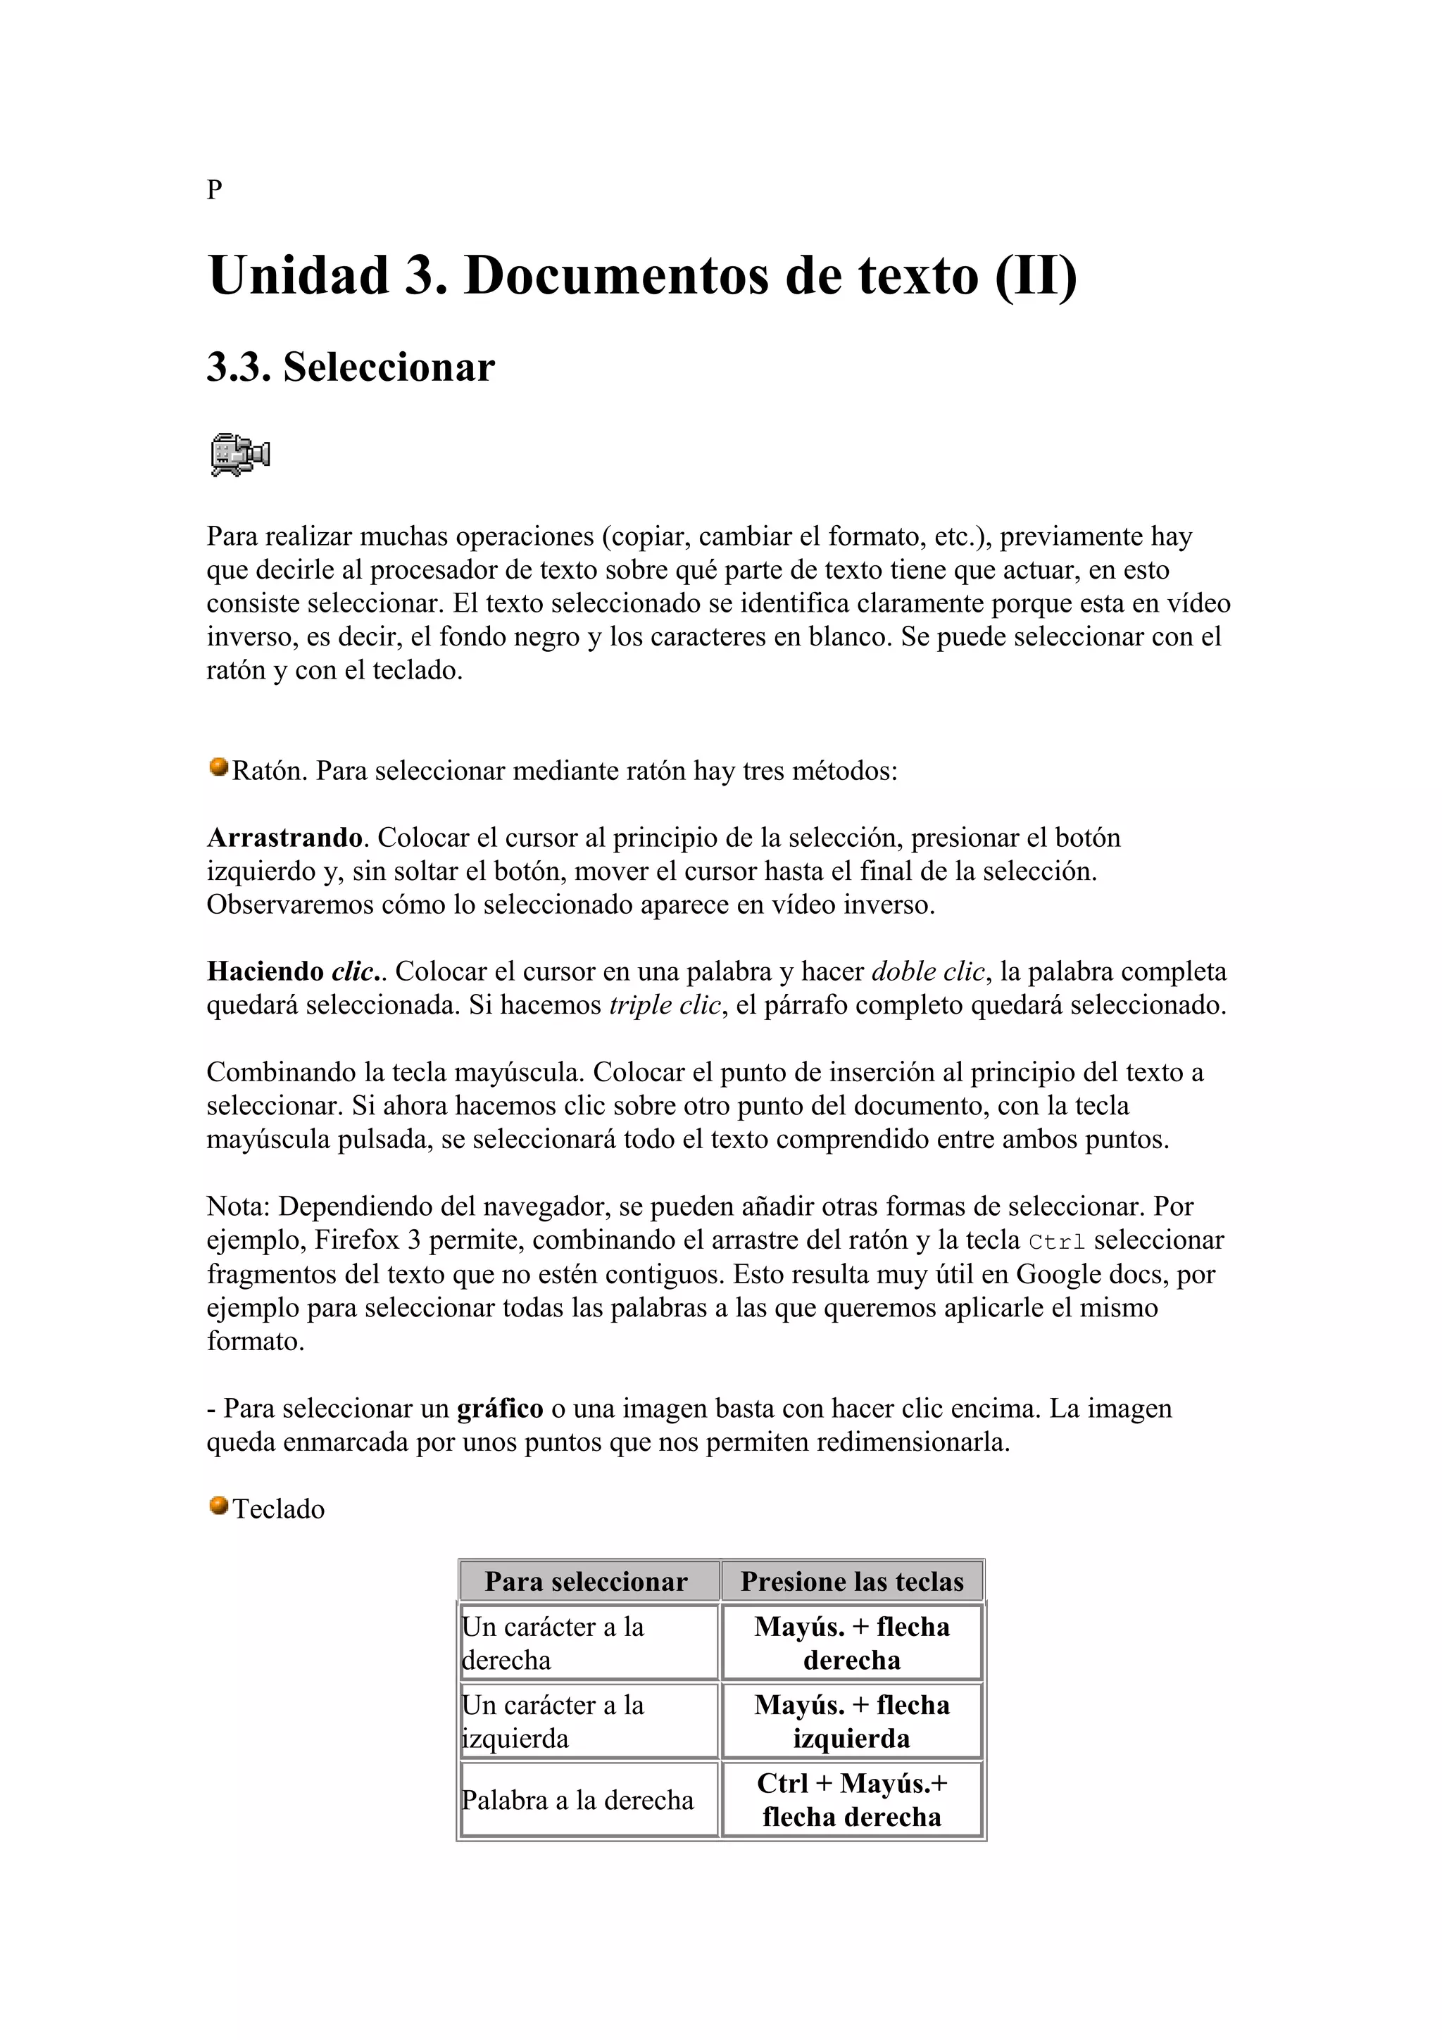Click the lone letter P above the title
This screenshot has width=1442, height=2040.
[214, 189]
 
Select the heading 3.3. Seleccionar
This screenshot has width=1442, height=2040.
[350, 367]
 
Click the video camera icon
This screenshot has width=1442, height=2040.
[240, 454]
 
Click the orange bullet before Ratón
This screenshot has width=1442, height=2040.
[218, 767]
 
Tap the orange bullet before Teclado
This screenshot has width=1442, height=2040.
[218, 1505]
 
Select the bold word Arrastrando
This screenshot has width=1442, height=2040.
[284, 838]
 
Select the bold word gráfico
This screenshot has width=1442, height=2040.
[499, 1409]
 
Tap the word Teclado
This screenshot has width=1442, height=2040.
[279, 1509]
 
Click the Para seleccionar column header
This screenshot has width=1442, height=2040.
[587, 1582]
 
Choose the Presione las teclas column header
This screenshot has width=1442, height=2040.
[852, 1582]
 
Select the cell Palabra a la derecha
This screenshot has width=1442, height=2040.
[577, 1800]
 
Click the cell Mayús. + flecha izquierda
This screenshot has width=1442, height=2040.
[852, 1721]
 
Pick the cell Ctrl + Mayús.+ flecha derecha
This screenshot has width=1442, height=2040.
[852, 1800]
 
